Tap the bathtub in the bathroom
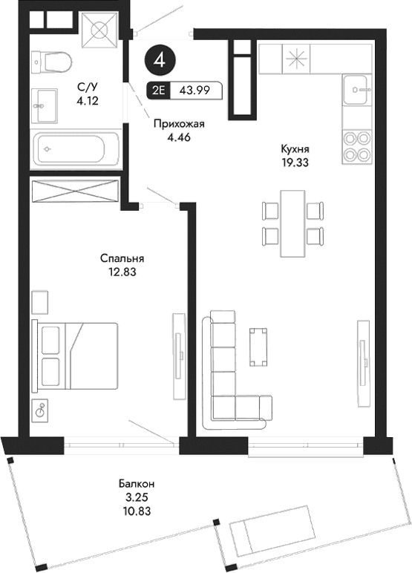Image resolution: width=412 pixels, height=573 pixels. (x=73, y=149)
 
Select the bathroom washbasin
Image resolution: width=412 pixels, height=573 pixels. (x=48, y=102)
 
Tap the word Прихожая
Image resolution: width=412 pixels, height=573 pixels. (x=178, y=125)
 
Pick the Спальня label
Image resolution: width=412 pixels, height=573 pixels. (x=122, y=259)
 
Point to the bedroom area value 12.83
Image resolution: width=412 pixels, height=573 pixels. (x=122, y=272)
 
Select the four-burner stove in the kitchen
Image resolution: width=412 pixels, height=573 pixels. (x=356, y=146)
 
